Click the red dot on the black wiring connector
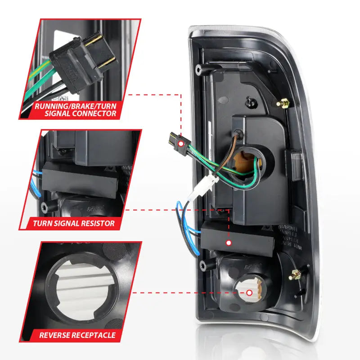[x=180, y=143]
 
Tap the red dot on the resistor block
[x=229, y=243]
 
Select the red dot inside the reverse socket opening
[x=249, y=292]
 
